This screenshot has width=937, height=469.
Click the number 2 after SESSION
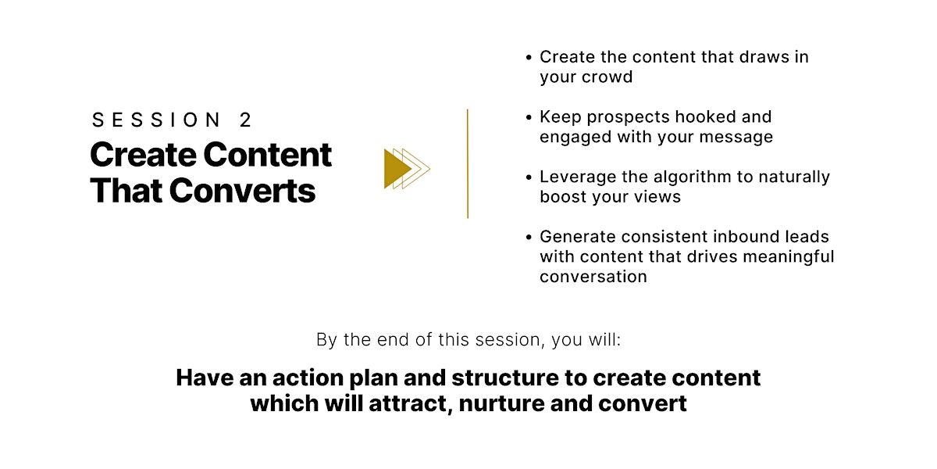click(245, 120)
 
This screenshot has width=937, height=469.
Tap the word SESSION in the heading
click(155, 120)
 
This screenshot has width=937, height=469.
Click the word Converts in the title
click(242, 191)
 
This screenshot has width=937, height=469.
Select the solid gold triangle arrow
click(397, 169)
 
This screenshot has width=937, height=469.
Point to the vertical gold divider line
click(468, 163)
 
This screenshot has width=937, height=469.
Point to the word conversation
click(593, 277)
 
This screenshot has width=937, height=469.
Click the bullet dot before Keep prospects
click(529, 118)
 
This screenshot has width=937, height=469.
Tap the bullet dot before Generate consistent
click(529, 238)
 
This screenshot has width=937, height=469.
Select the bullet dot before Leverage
click(529, 177)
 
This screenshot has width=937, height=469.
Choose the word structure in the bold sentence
click(505, 378)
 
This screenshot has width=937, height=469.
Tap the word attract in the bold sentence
click(411, 403)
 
